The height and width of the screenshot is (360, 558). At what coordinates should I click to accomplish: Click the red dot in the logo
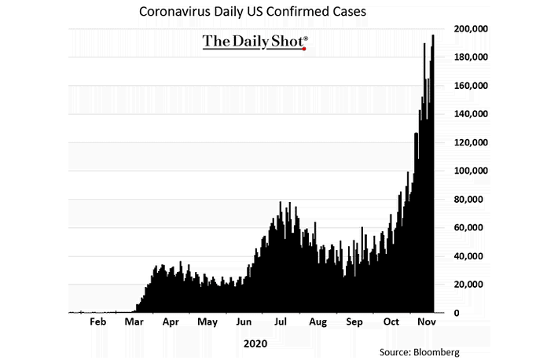tap(303, 48)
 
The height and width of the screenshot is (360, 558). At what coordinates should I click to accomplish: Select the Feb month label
tap(97, 321)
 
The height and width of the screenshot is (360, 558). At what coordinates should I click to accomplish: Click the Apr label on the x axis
tap(170, 321)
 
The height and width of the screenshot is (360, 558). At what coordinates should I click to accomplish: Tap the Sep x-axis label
tap(354, 321)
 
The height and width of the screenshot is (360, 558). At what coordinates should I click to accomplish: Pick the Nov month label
tap(426, 321)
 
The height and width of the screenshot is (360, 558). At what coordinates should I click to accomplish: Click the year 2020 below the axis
tap(255, 343)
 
